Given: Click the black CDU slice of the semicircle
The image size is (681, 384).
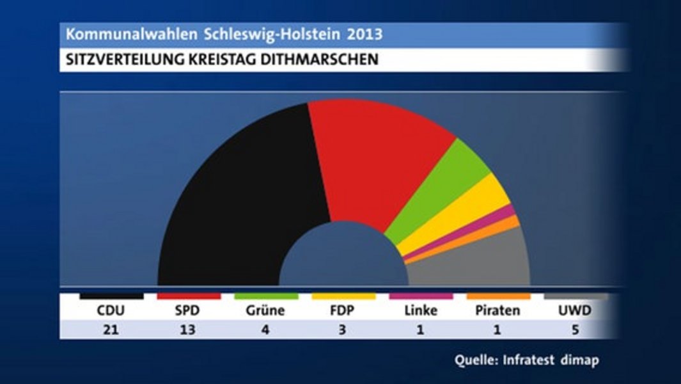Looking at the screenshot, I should point(237,205).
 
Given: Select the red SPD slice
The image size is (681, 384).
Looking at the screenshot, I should point(371,160).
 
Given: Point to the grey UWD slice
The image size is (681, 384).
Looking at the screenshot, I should point(480,262).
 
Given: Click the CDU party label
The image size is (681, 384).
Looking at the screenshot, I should point(111,311).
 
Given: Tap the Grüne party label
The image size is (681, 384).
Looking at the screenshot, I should point(265,311).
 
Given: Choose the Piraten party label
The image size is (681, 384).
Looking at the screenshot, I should point(497,311).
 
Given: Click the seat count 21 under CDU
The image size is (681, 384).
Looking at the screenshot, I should point(111,330).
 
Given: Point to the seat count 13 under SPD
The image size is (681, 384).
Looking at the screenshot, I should point(188,330).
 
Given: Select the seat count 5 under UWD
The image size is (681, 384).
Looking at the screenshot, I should point(575,330).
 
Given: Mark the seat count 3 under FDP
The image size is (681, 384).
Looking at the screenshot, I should point(343,330).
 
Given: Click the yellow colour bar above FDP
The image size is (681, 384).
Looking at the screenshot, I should point(343,296).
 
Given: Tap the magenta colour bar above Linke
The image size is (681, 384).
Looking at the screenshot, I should point(421,296).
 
